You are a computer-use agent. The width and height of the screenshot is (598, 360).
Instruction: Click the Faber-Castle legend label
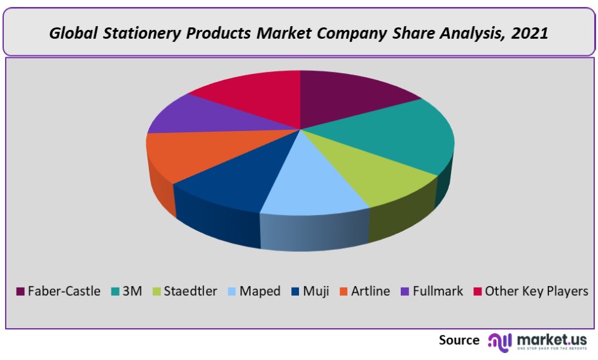(x=64, y=291)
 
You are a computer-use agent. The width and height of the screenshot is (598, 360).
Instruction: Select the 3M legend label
(x=132, y=291)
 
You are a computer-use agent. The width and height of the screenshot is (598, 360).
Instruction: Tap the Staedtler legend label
(x=190, y=291)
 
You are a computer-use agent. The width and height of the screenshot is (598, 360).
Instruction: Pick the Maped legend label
(x=260, y=291)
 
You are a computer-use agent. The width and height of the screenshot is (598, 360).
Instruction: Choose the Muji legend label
(x=316, y=291)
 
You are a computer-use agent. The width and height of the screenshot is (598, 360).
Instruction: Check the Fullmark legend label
(x=438, y=291)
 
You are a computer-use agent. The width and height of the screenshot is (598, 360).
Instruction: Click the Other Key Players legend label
(x=536, y=291)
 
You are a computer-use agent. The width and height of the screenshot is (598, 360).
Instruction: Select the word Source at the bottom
(x=459, y=340)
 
